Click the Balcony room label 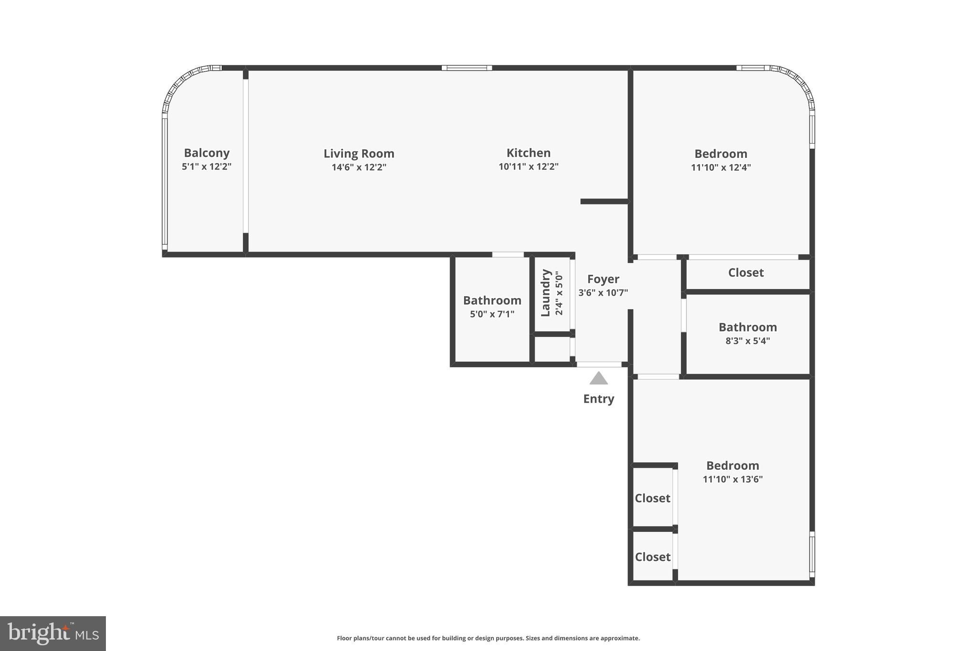(x=207, y=153)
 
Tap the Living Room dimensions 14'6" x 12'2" (x=359, y=167)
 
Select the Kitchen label (x=528, y=153)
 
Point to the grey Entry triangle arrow (x=598, y=379)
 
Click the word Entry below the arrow (x=598, y=399)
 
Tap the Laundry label (x=546, y=293)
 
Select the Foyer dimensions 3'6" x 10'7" (x=603, y=293)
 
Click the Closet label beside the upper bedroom (x=746, y=273)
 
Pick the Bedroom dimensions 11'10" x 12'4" (x=720, y=167)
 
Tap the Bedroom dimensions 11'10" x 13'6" (x=732, y=479)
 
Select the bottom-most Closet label (x=652, y=557)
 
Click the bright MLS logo (x=53, y=633)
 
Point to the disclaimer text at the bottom (x=488, y=638)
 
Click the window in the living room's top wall (x=467, y=68)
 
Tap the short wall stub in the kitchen (x=604, y=201)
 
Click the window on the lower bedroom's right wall (x=812, y=554)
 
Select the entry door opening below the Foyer (x=599, y=364)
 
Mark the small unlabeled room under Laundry (x=552, y=350)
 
